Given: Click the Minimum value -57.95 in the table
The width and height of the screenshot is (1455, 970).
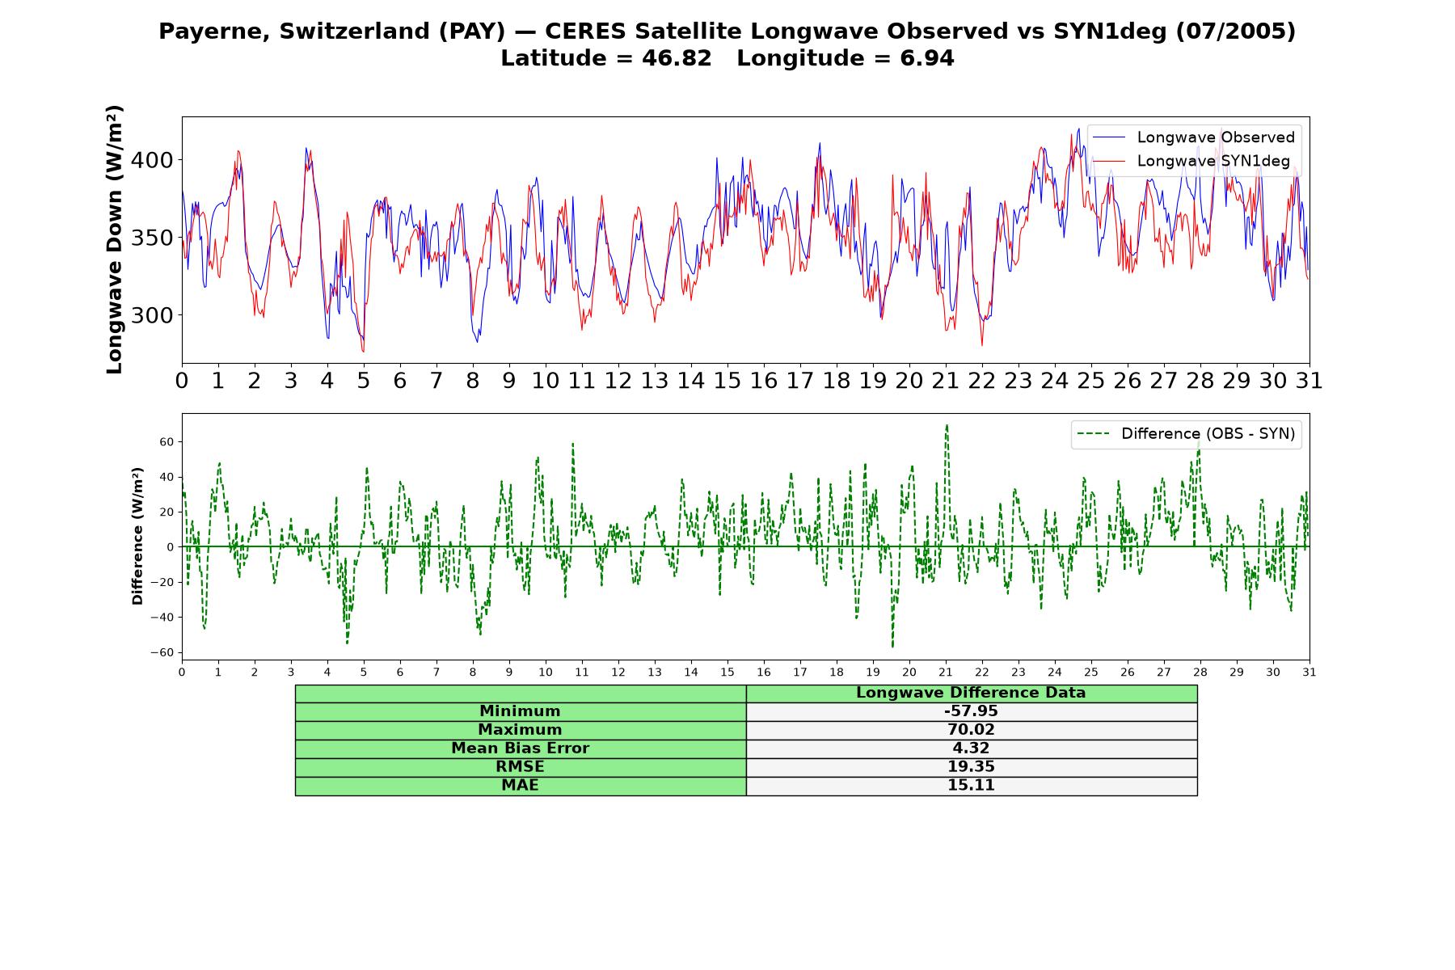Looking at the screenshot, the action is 971,711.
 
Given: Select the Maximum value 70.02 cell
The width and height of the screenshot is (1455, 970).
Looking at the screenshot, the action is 971,730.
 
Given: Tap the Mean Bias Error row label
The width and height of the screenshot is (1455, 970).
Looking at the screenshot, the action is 520,749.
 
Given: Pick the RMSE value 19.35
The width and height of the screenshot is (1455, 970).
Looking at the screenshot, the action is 971,767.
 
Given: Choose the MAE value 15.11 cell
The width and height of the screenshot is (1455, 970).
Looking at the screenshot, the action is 971,786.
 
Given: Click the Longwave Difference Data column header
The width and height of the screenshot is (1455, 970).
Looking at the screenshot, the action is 971,693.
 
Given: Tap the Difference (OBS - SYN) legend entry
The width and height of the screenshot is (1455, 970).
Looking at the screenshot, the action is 1186,434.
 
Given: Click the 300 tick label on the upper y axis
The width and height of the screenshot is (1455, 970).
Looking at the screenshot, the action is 152,315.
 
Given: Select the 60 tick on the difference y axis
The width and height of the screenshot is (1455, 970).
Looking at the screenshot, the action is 167,442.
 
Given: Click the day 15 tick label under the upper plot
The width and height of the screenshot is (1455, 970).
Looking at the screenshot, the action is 727,381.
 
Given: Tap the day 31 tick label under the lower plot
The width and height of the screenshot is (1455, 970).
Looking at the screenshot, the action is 1309,673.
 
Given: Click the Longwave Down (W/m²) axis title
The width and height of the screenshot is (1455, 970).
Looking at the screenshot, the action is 115,239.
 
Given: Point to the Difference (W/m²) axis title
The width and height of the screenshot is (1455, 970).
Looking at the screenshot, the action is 137,536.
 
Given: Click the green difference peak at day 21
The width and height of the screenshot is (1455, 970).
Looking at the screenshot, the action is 947,425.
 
